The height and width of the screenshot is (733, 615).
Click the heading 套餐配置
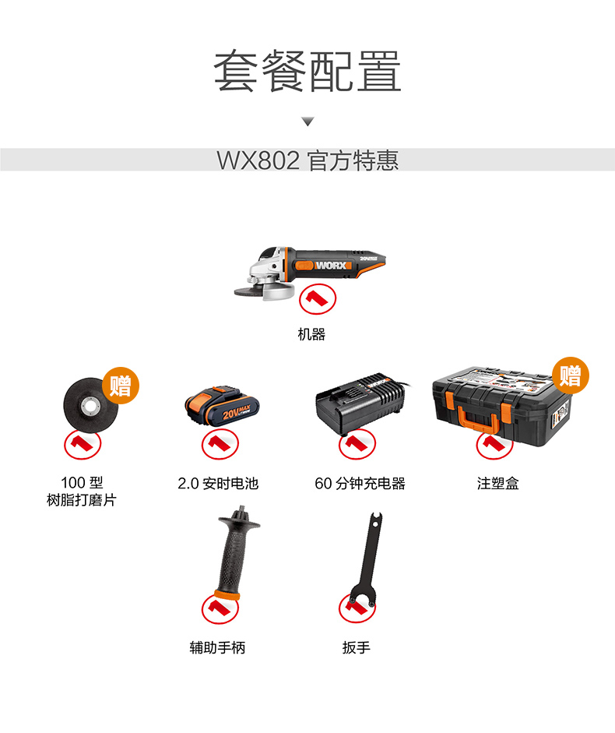coord(307,71)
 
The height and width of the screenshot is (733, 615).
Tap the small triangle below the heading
coord(307,122)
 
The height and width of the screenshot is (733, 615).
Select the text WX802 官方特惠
coord(307,160)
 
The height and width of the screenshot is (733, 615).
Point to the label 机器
coord(311,334)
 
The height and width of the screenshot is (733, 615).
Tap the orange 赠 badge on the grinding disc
coord(120,384)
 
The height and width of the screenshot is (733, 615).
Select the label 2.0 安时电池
coord(218,484)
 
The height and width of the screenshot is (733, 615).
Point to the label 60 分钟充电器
coord(360,484)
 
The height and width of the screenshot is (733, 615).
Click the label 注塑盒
coord(497,484)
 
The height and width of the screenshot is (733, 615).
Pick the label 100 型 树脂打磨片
coord(82,492)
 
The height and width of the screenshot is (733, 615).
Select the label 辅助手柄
coord(217,647)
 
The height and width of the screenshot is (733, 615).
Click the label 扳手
coord(356,647)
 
